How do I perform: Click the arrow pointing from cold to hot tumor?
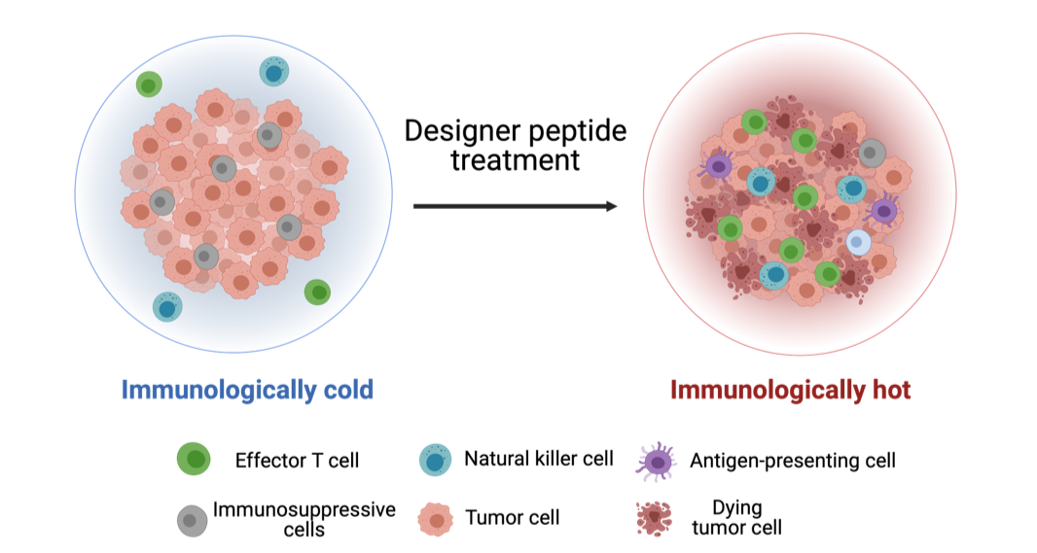pyautogui.click(x=515, y=206)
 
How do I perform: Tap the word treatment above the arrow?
pyautogui.click(x=515, y=159)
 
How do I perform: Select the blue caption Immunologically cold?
pyautogui.click(x=247, y=391)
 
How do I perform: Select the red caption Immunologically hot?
pyautogui.click(x=790, y=391)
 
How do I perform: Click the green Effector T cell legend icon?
pyautogui.click(x=195, y=459)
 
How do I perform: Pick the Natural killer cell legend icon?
pyautogui.click(x=436, y=459)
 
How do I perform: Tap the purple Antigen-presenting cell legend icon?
pyautogui.click(x=658, y=461)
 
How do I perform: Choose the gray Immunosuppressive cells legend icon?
pyautogui.click(x=194, y=520)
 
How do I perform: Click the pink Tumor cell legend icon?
pyautogui.click(x=436, y=519)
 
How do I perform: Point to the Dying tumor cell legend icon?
pyautogui.click(x=657, y=517)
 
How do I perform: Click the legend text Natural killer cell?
pyautogui.click(x=538, y=458)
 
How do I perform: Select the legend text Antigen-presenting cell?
pyautogui.click(x=792, y=460)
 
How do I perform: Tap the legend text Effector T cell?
pyautogui.click(x=297, y=460)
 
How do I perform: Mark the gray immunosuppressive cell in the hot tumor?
pyautogui.click(x=872, y=152)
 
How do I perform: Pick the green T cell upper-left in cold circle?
pyautogui.click(x=149, y=85)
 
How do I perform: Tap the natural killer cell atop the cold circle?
pyautogui.click(x=274, y=71)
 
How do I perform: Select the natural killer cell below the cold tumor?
pyautogui.click(x=168, y=307)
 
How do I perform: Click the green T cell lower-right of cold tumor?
pyautogui.click(x=317, y=292)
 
